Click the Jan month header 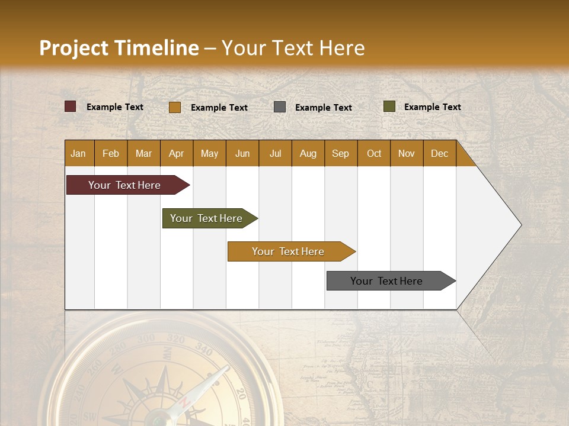pos(78,153)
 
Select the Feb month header pos(111,153)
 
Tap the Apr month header pos(176,153)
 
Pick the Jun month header pos(242,153)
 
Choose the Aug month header pos(308,153)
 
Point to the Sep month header pos(340,153)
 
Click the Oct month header pos(374,153)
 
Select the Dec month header pos(439,153)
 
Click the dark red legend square pos(71,106)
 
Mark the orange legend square pos(175,107)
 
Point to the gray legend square pos(280,107)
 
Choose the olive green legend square pos(389,106)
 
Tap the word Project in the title pos(73,48)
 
